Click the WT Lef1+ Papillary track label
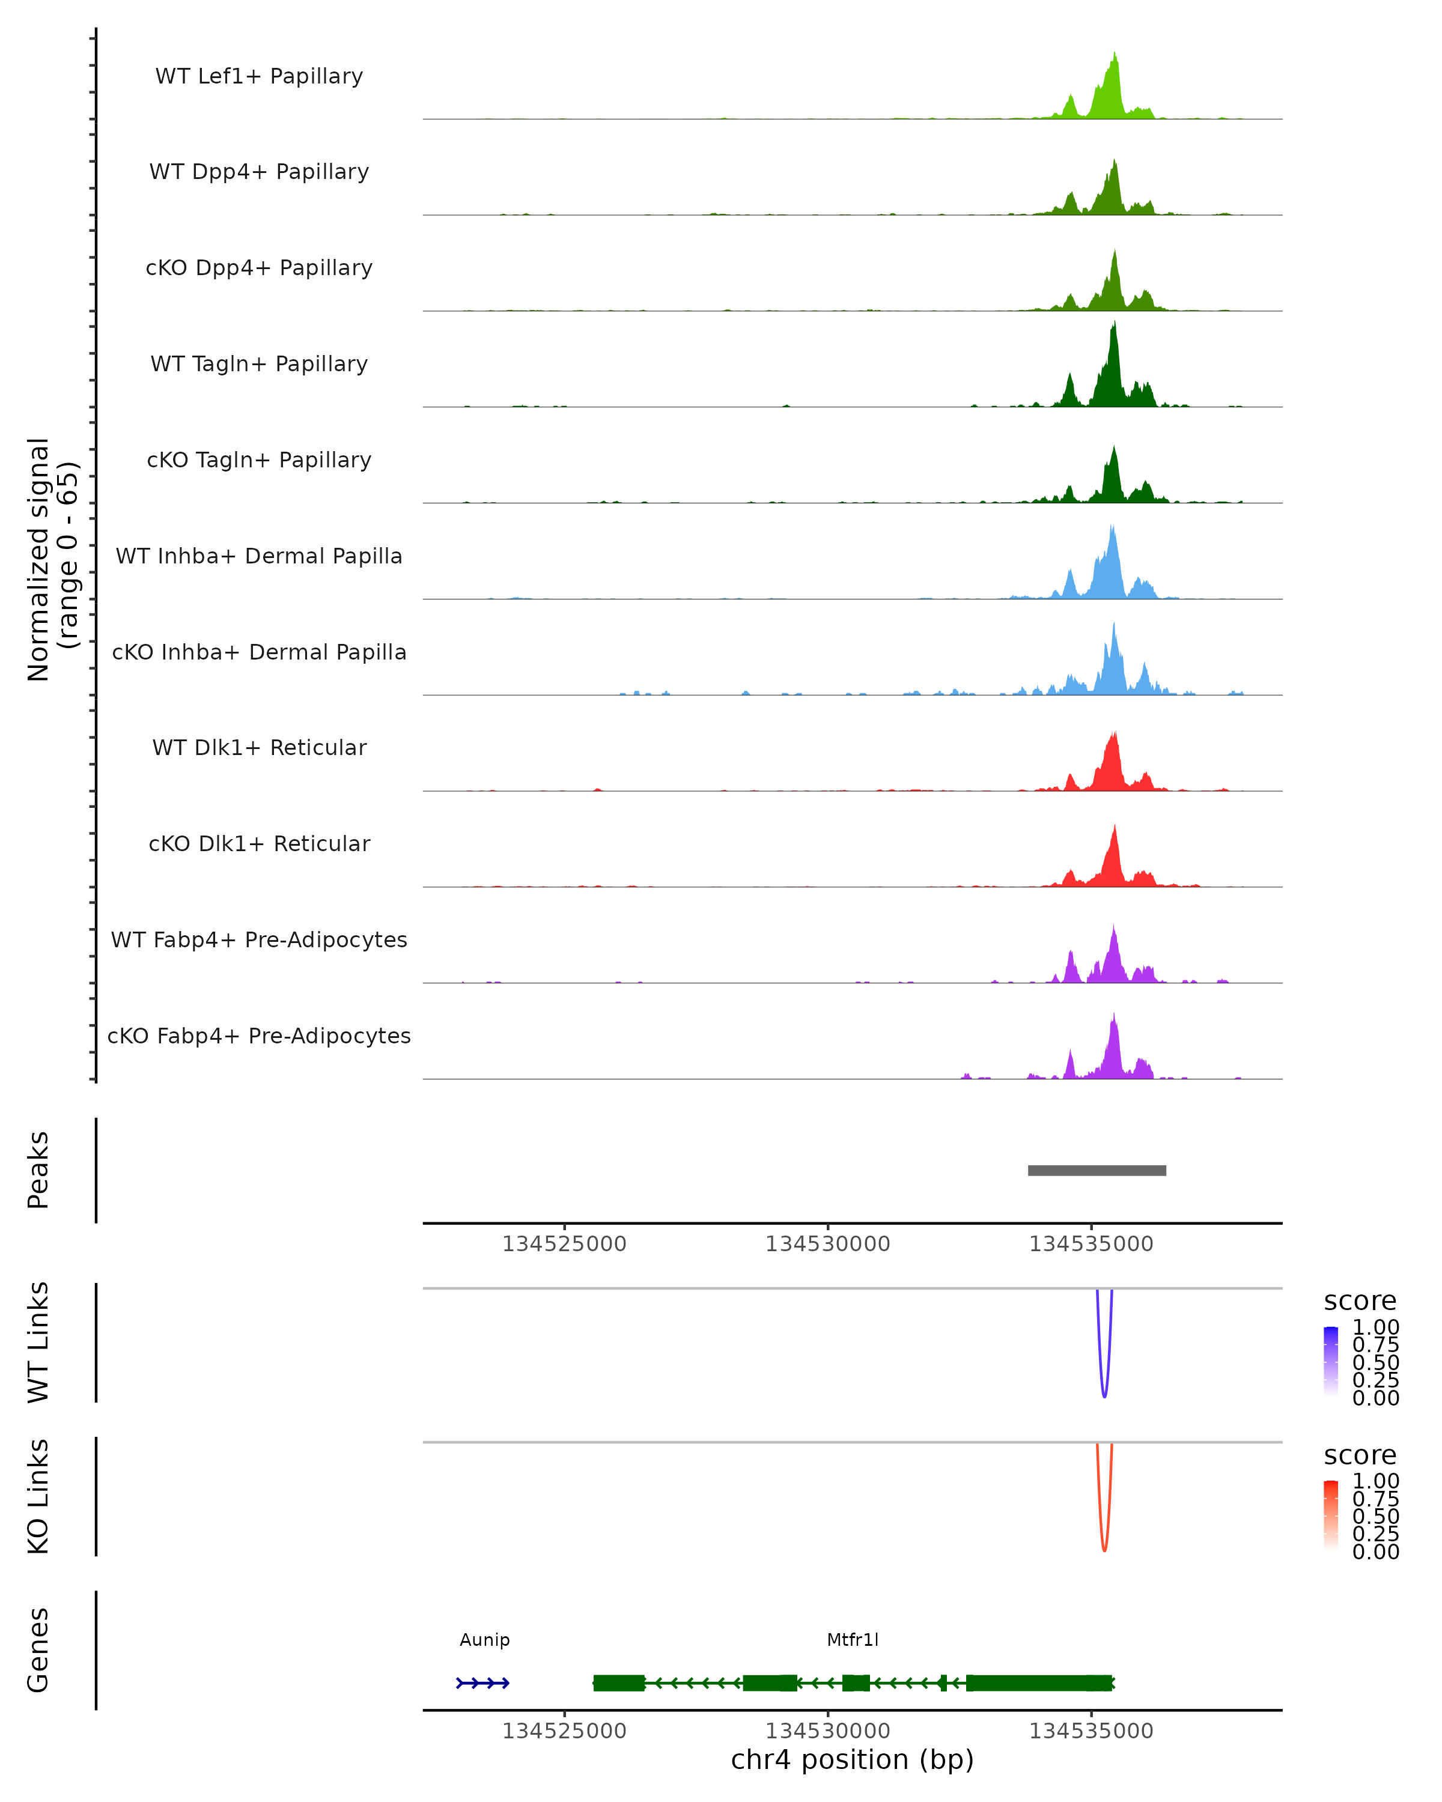click(x=259, y=76)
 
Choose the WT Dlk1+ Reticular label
click(x=259, y=747)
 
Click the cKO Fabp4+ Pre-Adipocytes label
click(x=259, y=1036)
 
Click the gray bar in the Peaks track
click(x=1097, y=1170)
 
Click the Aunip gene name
click(x=485, y=1640)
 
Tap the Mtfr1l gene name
click(x=853, y=1640)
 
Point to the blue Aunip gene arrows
click(x=483, y=1682)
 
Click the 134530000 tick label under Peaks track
click(x=827, y=1244)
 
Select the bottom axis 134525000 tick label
click(x=564, y=1731)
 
